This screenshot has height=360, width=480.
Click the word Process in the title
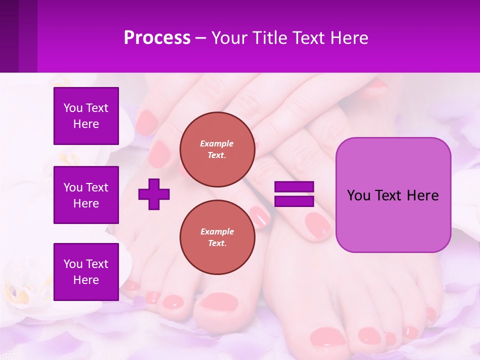[157, 38]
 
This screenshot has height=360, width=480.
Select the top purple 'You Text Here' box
[86, 116]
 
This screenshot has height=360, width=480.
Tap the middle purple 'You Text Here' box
[86, 195]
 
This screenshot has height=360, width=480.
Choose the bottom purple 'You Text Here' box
[86, 271]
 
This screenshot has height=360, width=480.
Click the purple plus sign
[154, 194]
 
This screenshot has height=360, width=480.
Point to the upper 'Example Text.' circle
[217, 149]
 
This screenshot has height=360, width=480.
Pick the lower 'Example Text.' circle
[217, 237]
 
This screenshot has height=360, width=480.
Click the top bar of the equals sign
[294, 187]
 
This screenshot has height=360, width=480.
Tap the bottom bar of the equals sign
[294, 201]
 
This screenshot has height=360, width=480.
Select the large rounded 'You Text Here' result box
[393, 195]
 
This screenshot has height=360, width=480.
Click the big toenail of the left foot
[216, 301]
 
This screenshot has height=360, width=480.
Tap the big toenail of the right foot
[327, 336]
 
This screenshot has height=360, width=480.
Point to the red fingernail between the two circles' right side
[260, 216]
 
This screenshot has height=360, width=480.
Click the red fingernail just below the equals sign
[317, 223]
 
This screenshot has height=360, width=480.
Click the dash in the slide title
[201, 38]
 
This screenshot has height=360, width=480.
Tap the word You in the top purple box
[72, 108]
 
